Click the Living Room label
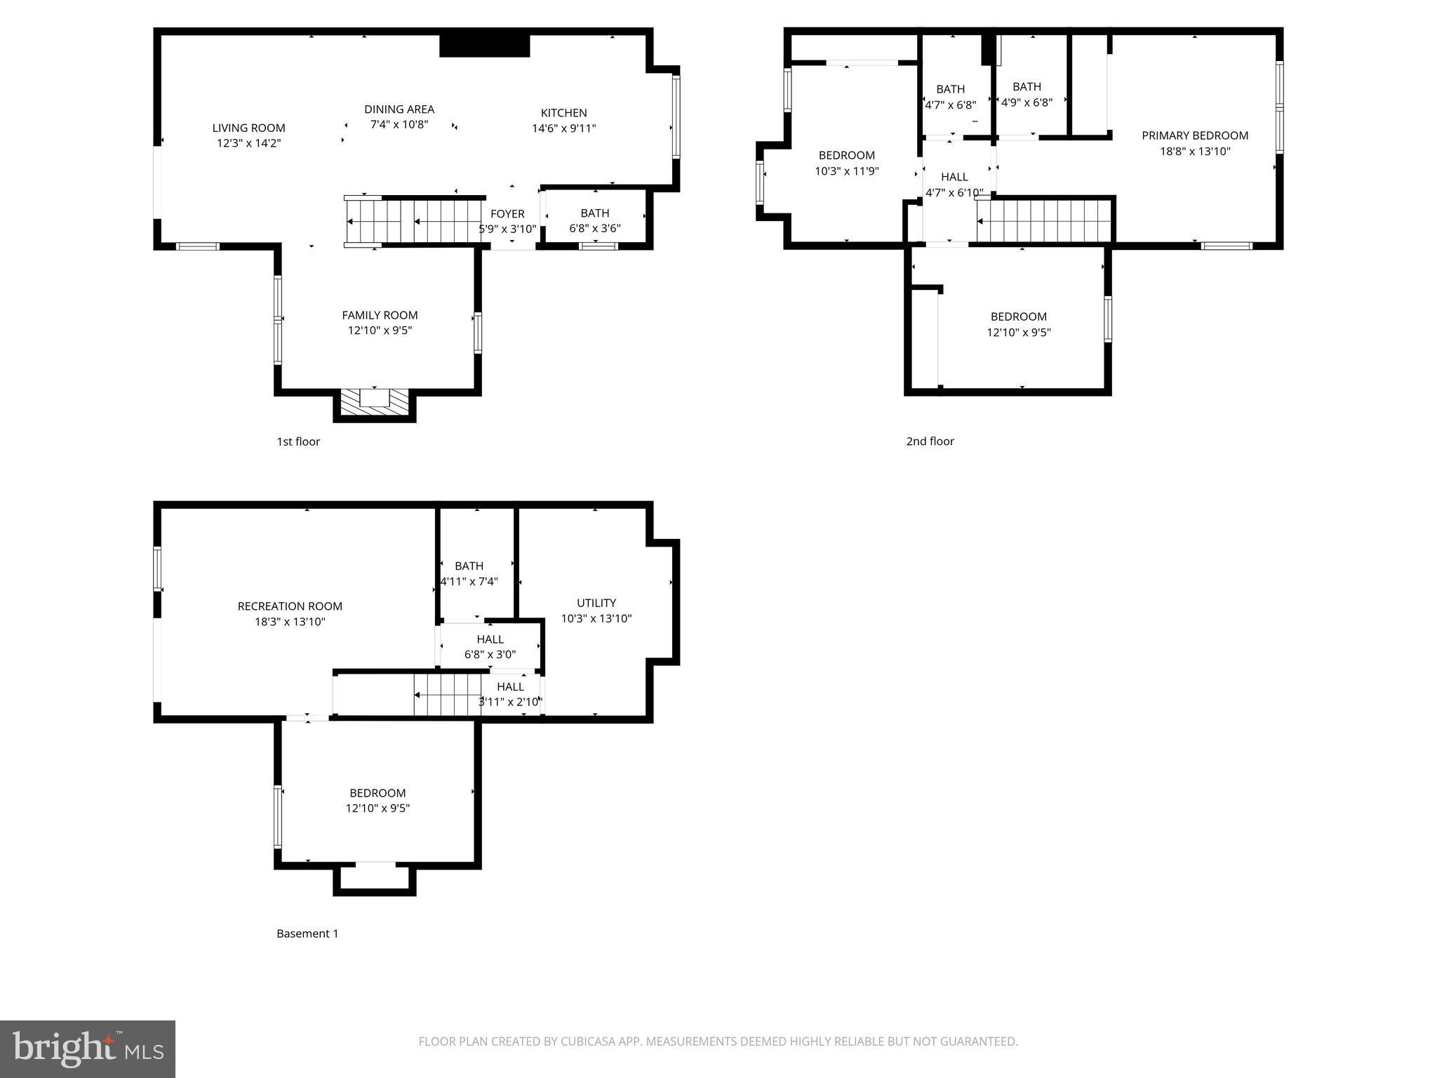(248, 128)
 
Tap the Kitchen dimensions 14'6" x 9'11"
(563, 128)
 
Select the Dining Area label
(399, 109)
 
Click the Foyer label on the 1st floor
(507, 214)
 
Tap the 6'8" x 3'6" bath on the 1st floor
(594, 220)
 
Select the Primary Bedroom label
(1194, 135)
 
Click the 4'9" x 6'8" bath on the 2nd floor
(1026, 94)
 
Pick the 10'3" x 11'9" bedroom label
(846, 155)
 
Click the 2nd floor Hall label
(954, 177)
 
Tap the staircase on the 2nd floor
(1045, 221)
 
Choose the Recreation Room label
(290, 606)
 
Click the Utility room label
(596, 603)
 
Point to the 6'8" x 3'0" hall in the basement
(490, 646)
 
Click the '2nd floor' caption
(930, 441)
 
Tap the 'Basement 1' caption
(307, 933)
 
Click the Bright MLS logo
(88, 1049)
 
